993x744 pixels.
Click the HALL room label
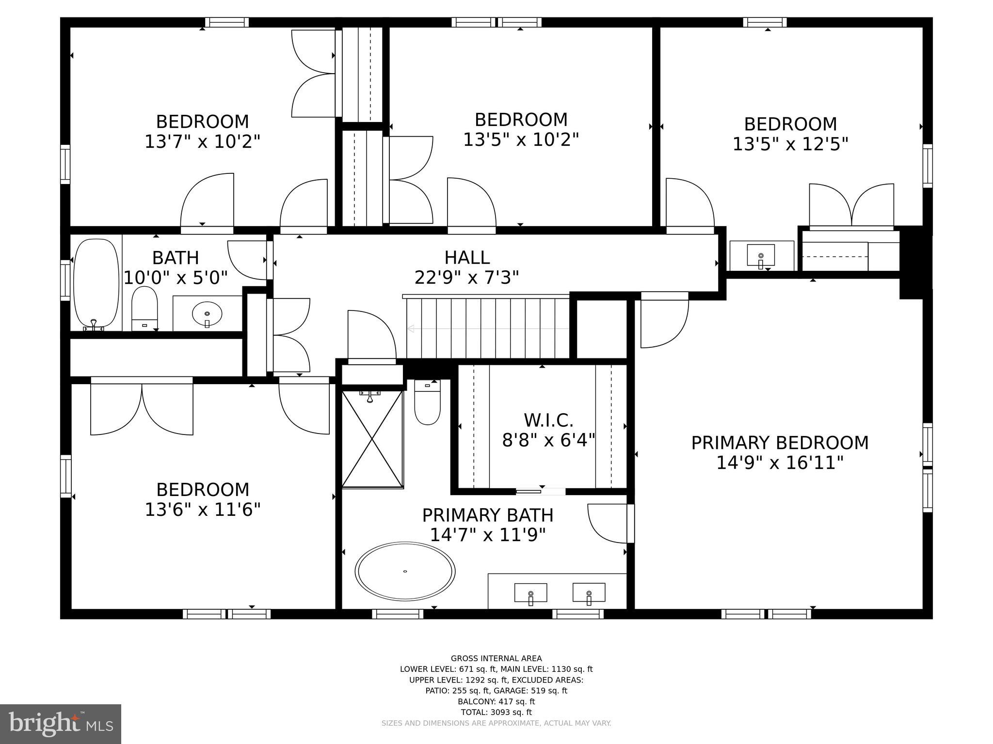(x=467, y=257)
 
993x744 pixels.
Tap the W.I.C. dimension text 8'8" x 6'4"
(x=548, y=440)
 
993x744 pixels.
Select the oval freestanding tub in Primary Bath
(x=405, y=572)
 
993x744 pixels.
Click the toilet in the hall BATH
(x=144, y=308)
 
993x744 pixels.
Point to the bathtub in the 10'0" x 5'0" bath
(x=96, y=283)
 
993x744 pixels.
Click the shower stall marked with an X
(x=372, y=439)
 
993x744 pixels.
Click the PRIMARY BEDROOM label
(x=779, y=443)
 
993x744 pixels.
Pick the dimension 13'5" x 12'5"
(x=790, y=144)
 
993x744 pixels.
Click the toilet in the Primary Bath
(x=427, y=402)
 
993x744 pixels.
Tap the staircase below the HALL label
(x=487, y=328)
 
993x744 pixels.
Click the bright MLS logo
(x=61, y=724)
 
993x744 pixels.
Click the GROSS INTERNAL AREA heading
(x=496, y=658)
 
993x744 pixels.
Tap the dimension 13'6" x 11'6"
(x=203, y=510)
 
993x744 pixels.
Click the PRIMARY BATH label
(x=487, y=515)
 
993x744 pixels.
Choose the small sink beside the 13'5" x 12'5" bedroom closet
(x=761, y=255)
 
